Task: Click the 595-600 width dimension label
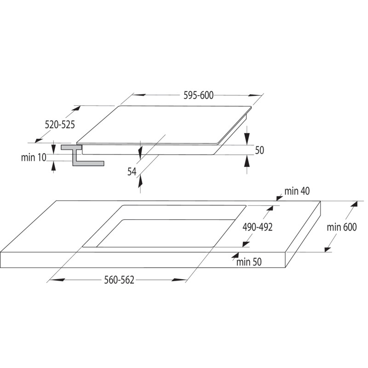pos(198,96)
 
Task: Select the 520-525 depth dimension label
pos(60,125)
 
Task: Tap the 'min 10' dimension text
pos(34,157)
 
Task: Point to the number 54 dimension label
pos(132,172)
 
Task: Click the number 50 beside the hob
pos(259,150)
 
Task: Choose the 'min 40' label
pos(297,191)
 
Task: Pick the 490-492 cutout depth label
pos(258,227)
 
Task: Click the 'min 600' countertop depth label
pos(342,227)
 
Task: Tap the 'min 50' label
pos(249,262)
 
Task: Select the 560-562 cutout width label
pos(119,280)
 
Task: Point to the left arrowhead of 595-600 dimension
pos(139,95)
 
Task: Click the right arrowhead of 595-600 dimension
pos(255,95)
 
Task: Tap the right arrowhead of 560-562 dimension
pos(179,280)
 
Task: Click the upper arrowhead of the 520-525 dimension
pos(76,109)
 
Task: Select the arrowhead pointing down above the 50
pos(247,138)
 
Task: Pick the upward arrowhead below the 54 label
pos(140,181)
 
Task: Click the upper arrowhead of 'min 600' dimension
pos(354,204)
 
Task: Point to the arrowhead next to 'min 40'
pos(279,198)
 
